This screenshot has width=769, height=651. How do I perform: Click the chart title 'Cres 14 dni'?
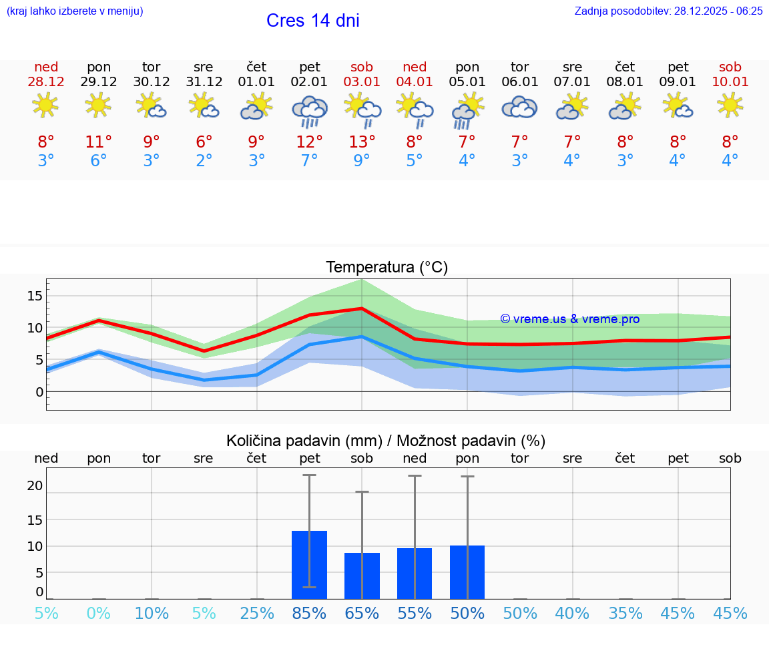312,21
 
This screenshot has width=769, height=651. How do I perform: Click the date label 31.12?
204,82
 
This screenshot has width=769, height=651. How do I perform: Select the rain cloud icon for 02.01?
309,111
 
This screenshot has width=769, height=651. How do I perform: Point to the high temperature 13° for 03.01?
362,142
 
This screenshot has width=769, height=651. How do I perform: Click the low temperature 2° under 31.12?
204,161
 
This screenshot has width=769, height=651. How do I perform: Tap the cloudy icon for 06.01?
519,107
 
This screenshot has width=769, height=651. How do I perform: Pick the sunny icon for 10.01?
730,105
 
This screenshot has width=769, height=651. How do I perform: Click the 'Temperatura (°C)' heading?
387,268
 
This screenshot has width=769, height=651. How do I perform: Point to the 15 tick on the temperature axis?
35,296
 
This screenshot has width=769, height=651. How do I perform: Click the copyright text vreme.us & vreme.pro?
570,319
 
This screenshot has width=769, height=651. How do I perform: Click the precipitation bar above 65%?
362,576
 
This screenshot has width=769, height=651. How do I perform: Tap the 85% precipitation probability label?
309,613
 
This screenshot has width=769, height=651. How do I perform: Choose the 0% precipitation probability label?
99,613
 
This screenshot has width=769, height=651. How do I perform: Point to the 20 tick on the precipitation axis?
35,485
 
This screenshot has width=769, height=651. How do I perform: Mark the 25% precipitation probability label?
257,613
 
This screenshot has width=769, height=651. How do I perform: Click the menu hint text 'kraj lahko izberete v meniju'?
74,11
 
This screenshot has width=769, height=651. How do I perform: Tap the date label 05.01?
467,82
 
